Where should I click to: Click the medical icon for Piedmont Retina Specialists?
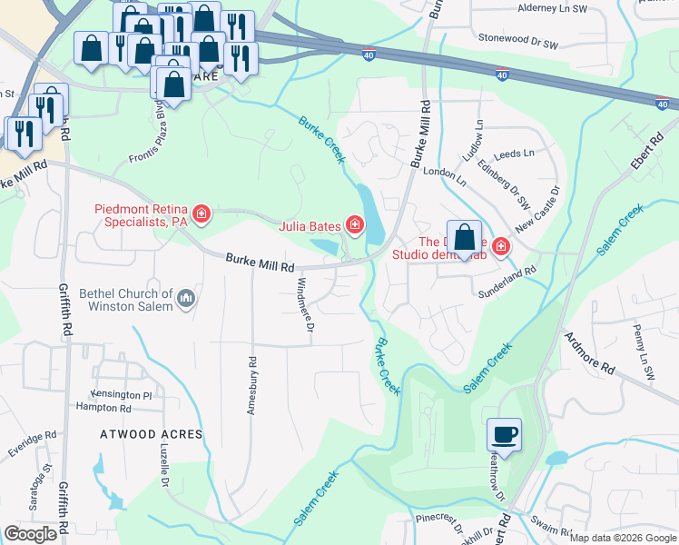[x=202, y=215]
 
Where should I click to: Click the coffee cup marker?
[x=504, y=435]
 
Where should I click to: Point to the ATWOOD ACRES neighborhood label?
[x=151, y=434]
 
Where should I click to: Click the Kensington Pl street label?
[x=121, y=395]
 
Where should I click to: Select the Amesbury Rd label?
[x=251, y=386]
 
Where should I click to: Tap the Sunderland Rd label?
[x=507, y=269]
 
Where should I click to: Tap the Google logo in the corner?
[x=30, y=534]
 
